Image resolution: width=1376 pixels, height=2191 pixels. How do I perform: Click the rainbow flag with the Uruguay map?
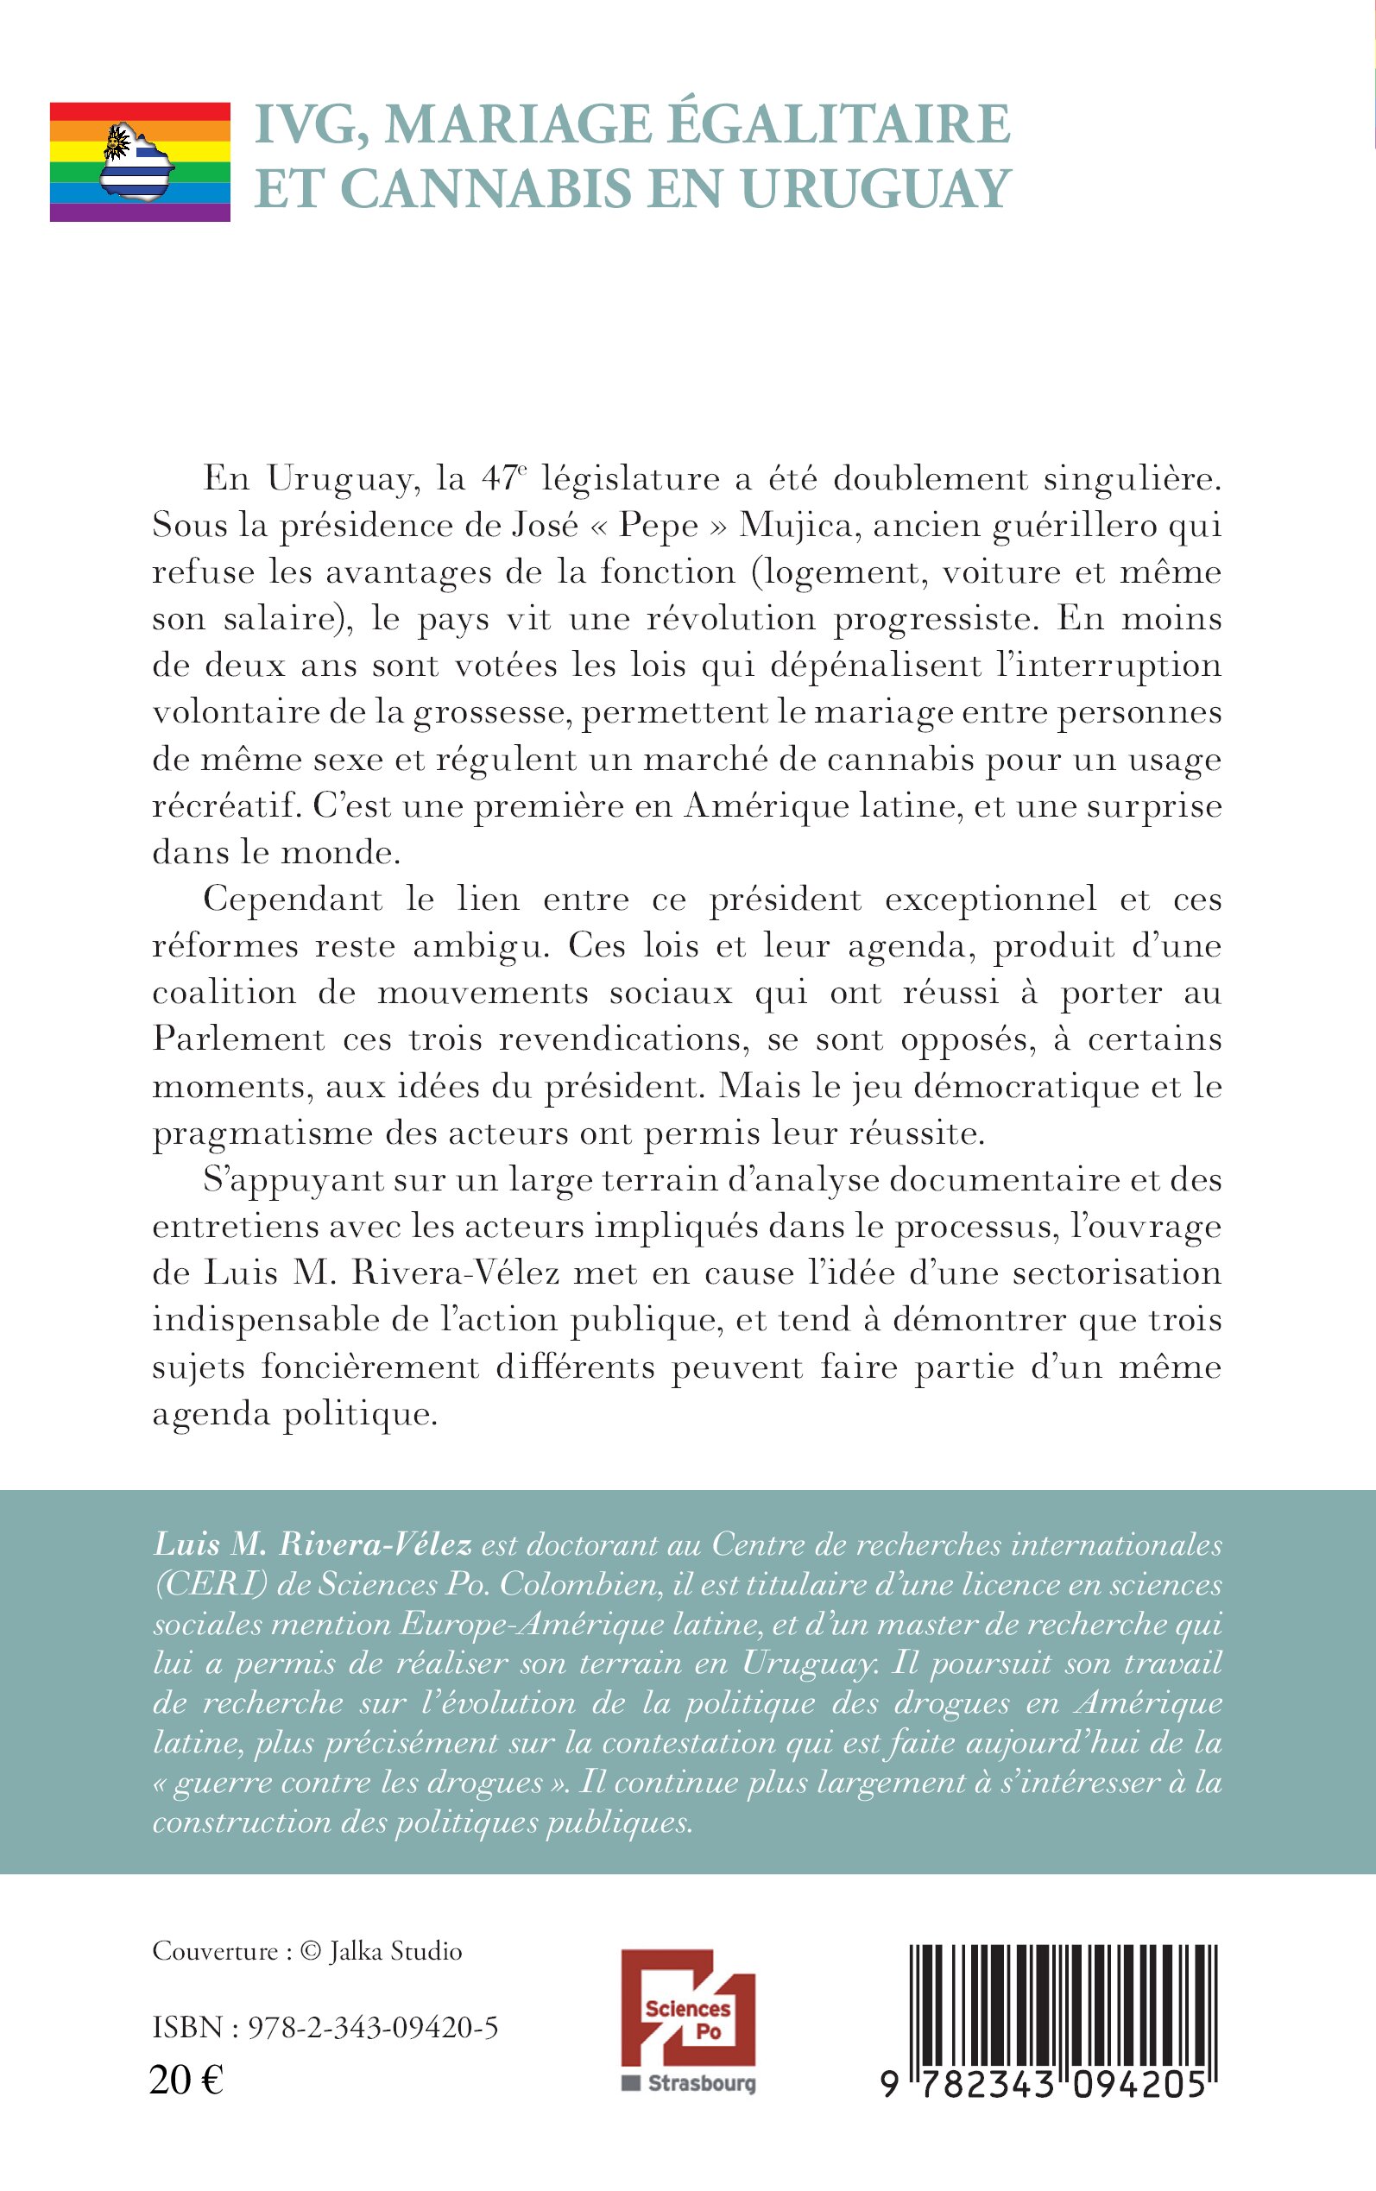pyautogui.click(x=139, y=162)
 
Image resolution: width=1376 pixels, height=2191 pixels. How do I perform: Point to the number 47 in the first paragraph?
pyautogui.click(x=499, y=478)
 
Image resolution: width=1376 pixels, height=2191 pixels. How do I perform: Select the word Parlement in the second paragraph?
pyautogui.click(x=238, y=1039)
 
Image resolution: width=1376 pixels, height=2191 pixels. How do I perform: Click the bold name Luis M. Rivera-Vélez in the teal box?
pyautogui.click(x=313, y=1545)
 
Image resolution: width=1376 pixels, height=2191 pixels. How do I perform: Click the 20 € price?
pyautogui.click(x=186, y=2080)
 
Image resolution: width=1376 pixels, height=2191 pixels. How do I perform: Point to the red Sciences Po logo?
pyautogui.click(x=688, y=2020)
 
